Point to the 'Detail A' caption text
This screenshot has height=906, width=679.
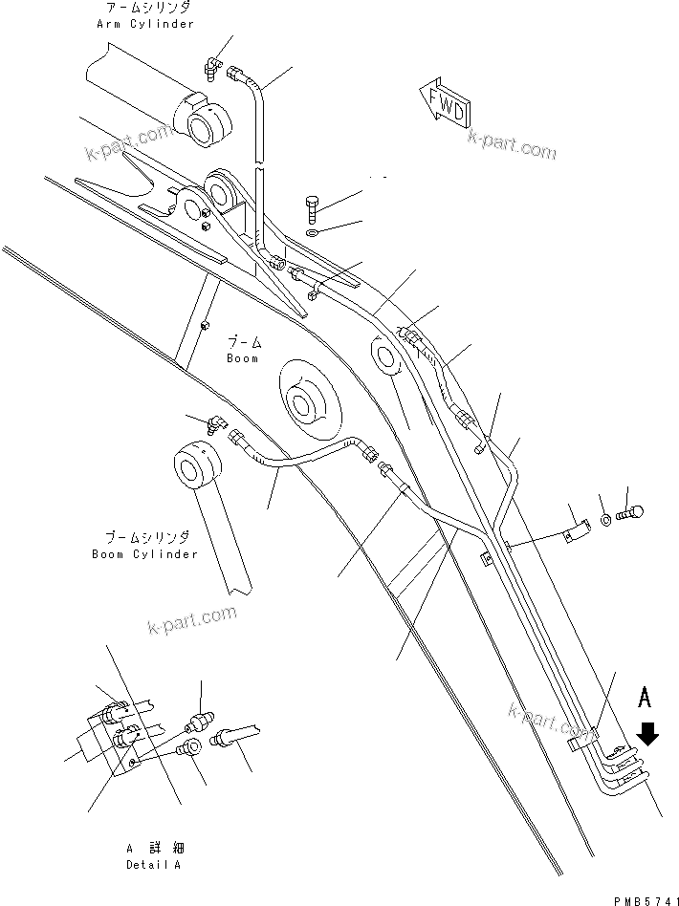(153, 865)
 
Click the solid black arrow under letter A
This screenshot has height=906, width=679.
(647, 733)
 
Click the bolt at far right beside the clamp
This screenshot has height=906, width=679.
(632, 512)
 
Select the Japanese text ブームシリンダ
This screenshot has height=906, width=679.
(158, 537)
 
